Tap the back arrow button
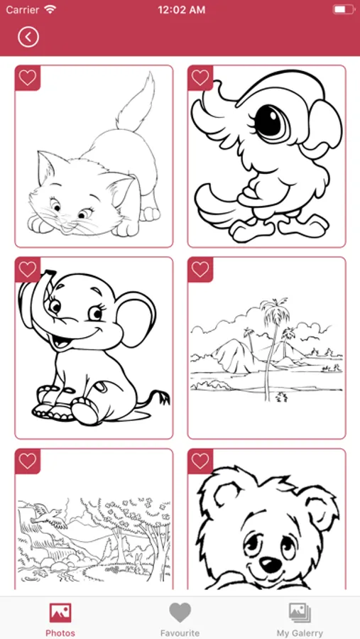(28, 37)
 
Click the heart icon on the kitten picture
(27, 77)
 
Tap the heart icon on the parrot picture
(200, 77)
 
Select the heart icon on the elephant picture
(27, 269)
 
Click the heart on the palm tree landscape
(200, 269)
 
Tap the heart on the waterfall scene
(27, 461)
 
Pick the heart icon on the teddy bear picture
(200, 461)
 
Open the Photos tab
(60, 618)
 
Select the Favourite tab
(180, 618)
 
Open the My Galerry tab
(300, 618)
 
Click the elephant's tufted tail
(157, 398)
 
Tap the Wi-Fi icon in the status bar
(50, 9)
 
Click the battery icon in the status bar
(344, 9)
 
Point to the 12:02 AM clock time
(181, 10)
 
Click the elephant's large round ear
(136, 319)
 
